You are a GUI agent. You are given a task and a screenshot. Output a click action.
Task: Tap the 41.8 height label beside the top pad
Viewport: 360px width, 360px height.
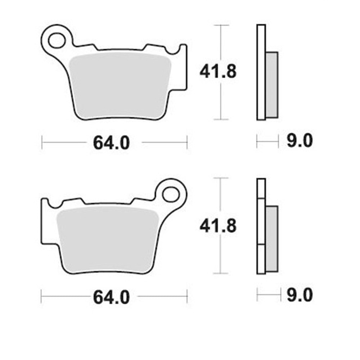point(218,72)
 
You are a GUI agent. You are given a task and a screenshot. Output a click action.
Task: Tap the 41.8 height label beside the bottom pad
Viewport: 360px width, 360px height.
point(218,226)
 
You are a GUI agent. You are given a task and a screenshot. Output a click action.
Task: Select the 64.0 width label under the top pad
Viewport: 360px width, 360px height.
point(111,143)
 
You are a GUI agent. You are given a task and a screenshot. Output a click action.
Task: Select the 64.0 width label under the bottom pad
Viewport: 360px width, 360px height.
point(111,297)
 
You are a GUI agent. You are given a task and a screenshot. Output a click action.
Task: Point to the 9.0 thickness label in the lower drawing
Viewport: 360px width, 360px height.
point(300,295)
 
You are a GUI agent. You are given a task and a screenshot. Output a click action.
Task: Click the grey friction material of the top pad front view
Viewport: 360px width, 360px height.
point(120,85)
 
